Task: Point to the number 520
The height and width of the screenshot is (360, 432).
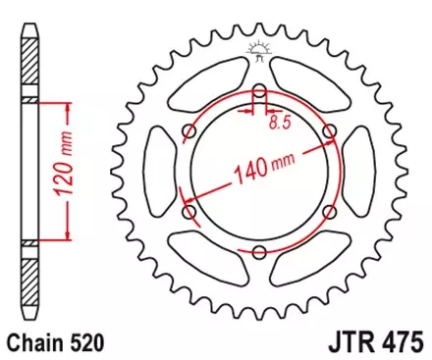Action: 87,342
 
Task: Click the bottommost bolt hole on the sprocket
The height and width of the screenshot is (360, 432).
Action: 258,252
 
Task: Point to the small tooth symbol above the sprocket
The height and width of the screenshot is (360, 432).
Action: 258,49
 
